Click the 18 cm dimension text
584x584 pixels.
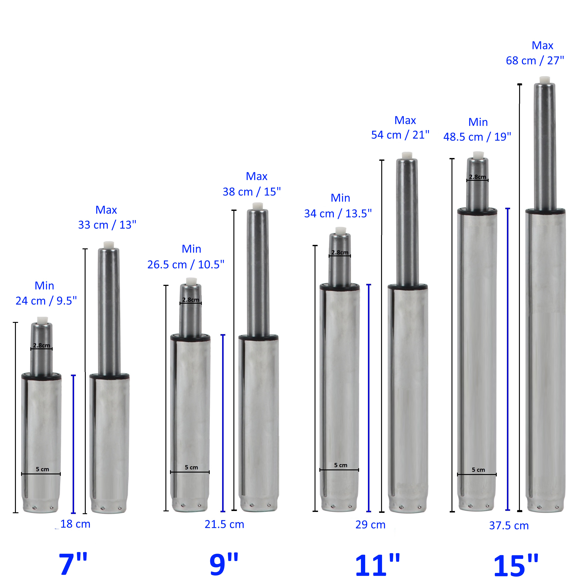click(x=75, y=524)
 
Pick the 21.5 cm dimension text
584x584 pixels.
click(x=224, y=524)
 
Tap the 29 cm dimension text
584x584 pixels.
click(x=370, y=524)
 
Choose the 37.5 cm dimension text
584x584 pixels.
click(x=509, y=525)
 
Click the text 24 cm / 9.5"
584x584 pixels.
click(x=46, y=301)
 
